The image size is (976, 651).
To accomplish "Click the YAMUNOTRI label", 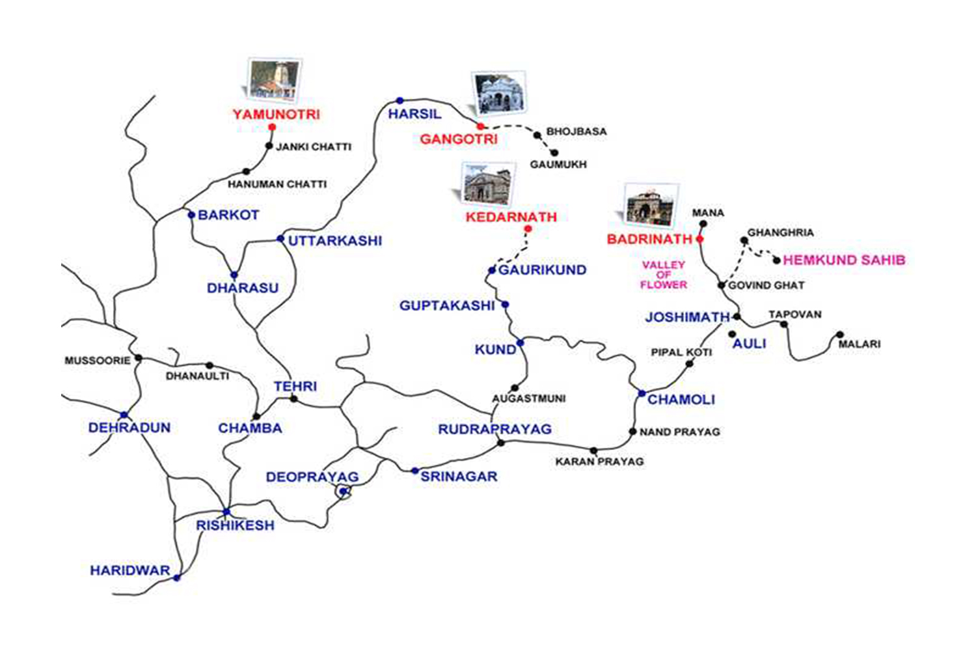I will coord(277,115).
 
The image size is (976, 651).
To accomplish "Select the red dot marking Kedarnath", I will coord(528,229).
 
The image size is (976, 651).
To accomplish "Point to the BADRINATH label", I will coord(649,239).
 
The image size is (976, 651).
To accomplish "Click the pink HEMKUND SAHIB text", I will coord(844,260).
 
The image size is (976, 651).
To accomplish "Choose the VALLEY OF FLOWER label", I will coord(664,275).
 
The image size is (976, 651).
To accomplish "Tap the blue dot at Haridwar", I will coord(176,577).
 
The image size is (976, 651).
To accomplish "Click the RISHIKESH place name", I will coord(236,525).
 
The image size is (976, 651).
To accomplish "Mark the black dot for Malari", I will coord(840,335).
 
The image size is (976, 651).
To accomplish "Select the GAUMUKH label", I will coord(558,165).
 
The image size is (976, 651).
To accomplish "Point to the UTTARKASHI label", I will coord(335,241).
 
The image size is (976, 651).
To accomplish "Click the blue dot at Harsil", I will coord(400,101).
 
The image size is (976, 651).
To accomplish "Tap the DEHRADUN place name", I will coord(129,428).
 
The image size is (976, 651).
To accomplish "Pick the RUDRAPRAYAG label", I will coord(495,430).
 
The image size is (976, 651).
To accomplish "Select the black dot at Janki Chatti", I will coord(269,146).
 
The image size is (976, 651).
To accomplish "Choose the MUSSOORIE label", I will coord(98,361).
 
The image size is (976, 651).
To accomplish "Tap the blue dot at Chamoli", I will coord(642,393).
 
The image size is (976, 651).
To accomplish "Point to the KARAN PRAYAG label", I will coord(599,462).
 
